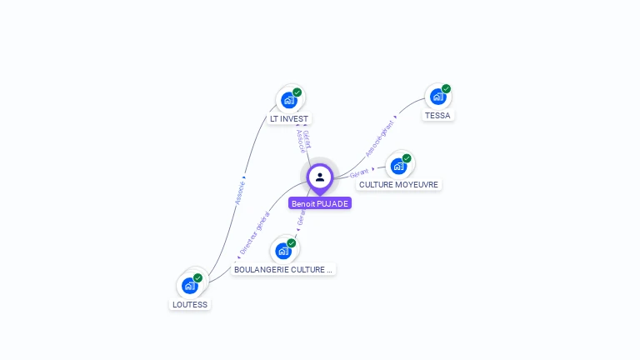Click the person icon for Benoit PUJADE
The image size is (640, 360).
(x=320, y=177)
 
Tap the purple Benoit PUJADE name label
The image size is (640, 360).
(x=320, y=203)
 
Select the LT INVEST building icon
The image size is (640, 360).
(x=288, y=100)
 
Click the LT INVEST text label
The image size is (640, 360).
(x=289, y=119)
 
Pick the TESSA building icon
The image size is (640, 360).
(x=437, y=97)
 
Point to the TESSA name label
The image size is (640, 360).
(x=437, y=116)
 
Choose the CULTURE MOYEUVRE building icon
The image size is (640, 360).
(x=398, y=166)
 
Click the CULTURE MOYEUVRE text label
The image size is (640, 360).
(x=398, y=184)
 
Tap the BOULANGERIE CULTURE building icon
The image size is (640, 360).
(x=283, y=250)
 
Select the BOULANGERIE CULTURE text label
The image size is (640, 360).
(x=283, y=269)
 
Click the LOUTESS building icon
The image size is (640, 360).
(x=189, y=285)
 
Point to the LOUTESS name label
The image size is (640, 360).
(x=189, y=304)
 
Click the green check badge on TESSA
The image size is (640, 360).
(x=446, y=88)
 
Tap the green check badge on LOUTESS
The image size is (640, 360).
(x=197, y=277)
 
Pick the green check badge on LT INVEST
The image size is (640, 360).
(x=297, y=92)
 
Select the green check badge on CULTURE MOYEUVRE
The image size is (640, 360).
(x=407, y=158)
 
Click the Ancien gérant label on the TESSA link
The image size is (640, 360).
(x=379, y=138)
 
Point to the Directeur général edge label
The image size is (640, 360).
(x=254, y=232)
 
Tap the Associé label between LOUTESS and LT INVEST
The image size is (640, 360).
(x=239, y=190)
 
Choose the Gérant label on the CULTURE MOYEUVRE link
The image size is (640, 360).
(x=359, y=172)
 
